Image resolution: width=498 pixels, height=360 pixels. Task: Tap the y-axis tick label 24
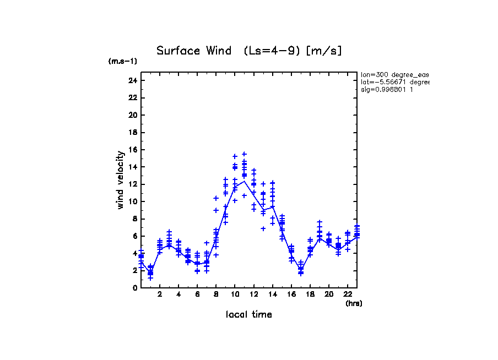coord(132,80)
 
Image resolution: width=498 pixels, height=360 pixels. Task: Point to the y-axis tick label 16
coord(132,150)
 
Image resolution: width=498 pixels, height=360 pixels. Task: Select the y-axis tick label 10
coord(132,201)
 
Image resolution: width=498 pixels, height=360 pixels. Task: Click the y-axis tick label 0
coord(134,287)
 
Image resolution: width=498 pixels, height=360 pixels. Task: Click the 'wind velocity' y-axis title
coord(120,180)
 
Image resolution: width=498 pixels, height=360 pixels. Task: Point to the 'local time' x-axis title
coord(249,314)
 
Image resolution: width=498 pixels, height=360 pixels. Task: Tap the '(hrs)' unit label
coord(354,303)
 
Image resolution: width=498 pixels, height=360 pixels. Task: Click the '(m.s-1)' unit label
coord(122,61)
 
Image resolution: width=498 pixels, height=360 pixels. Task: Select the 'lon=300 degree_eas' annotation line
coord(394,74)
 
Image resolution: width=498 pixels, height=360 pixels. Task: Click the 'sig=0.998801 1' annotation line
coord(387,90)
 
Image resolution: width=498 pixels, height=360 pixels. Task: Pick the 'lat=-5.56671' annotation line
coord(394,82)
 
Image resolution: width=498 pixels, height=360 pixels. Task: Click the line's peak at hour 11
coord(244,181)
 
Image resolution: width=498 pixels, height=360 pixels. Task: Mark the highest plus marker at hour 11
coord(244,154)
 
